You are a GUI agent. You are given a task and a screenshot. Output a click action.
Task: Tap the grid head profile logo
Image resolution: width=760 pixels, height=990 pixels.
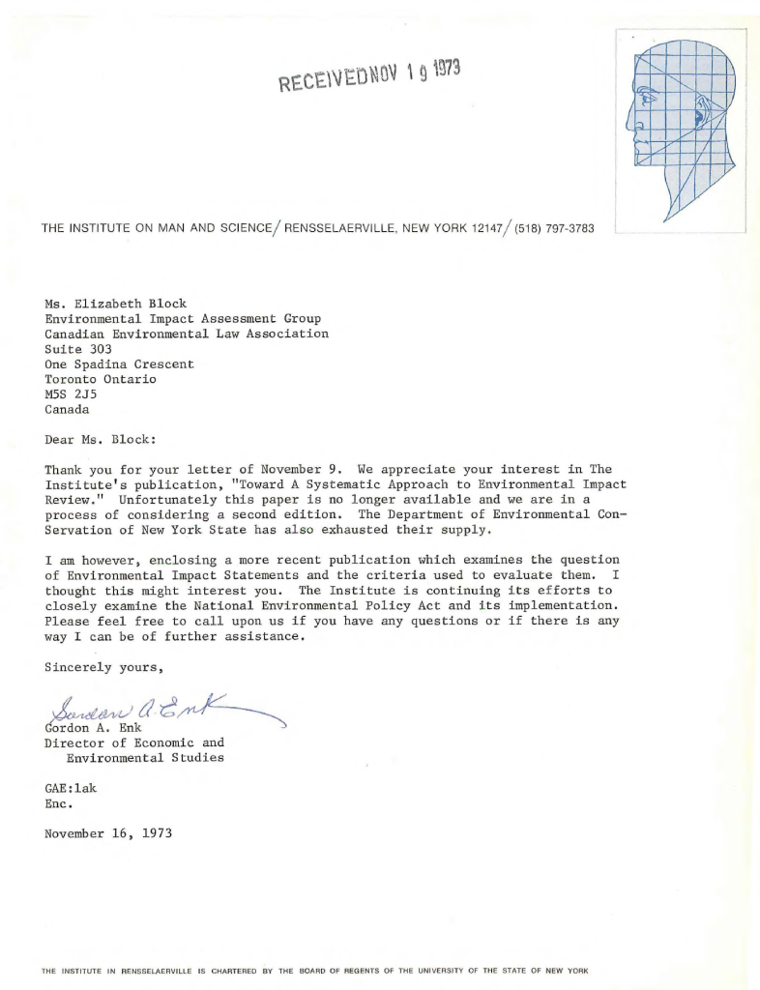click(x=681, y=129)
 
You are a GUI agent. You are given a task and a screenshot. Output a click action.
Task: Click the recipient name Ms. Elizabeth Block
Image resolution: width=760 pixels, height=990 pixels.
click(x=116, y=304)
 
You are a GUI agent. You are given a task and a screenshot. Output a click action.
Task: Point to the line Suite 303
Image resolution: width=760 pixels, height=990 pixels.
click(x=78, y=349)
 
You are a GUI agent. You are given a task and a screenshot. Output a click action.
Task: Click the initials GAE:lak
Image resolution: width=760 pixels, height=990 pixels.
click(x=71, y=788)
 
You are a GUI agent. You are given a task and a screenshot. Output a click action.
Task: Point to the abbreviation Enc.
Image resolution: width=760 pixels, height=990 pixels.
click(x=60, y=802)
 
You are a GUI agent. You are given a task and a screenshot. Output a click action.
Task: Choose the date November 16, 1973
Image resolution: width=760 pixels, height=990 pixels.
click(x=108, y=833)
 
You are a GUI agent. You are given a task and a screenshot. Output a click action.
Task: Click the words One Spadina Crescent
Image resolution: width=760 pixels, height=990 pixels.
click(x=119, y=364)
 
